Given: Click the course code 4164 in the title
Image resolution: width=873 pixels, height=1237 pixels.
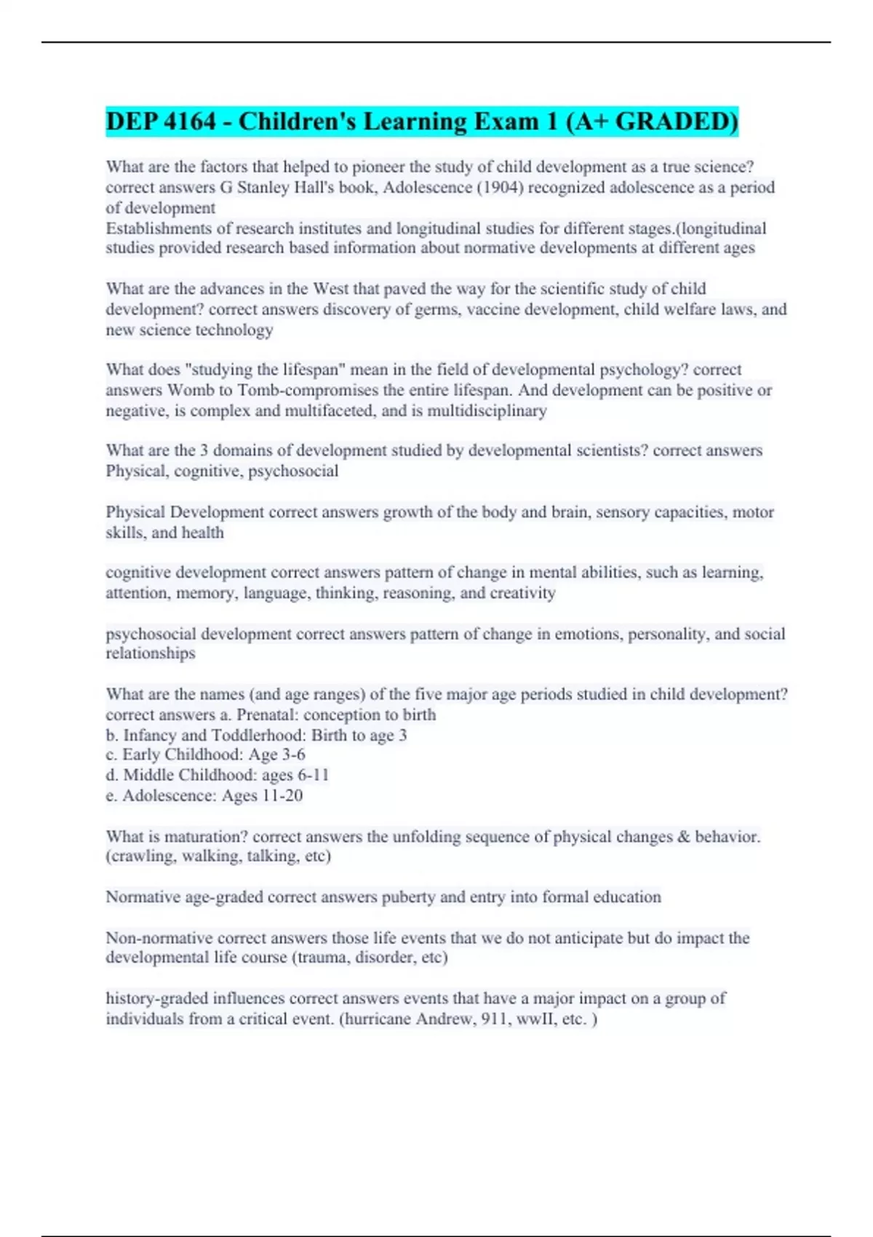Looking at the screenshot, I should click(x=190, y=121).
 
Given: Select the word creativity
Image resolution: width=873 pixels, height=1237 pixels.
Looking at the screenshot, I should click(x=522, y=593).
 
